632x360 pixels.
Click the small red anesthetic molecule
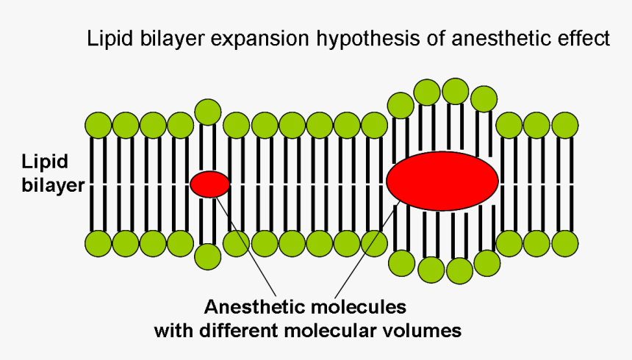click(x=210, y=184)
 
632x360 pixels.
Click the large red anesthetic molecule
click(x=442, y=181)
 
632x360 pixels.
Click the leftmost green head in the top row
click(x=98, y=126)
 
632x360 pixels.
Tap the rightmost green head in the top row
click(x=564, y=126)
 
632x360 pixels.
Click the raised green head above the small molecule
click(x=208, y=112)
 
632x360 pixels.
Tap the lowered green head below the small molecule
click(x=208, y=256)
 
